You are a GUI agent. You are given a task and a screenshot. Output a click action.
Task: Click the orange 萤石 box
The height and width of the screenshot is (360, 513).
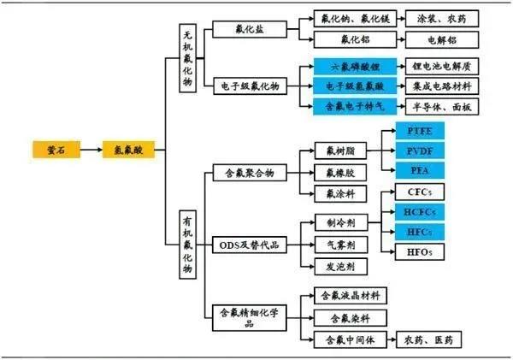[56, 150]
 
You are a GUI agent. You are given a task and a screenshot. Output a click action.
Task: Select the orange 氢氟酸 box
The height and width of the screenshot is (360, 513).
[127, 150]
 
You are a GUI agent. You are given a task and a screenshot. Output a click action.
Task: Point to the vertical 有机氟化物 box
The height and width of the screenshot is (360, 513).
[189, 245]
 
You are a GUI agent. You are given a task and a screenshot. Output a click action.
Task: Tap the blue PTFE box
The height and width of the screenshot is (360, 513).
[419, 131]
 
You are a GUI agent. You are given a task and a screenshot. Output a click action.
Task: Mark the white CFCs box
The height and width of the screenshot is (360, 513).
[419, 192]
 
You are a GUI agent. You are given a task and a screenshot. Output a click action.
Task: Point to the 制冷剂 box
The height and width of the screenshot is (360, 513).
[334, 222]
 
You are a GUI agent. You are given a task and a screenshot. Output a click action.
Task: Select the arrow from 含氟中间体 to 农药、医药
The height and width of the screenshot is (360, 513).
[394, 339]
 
